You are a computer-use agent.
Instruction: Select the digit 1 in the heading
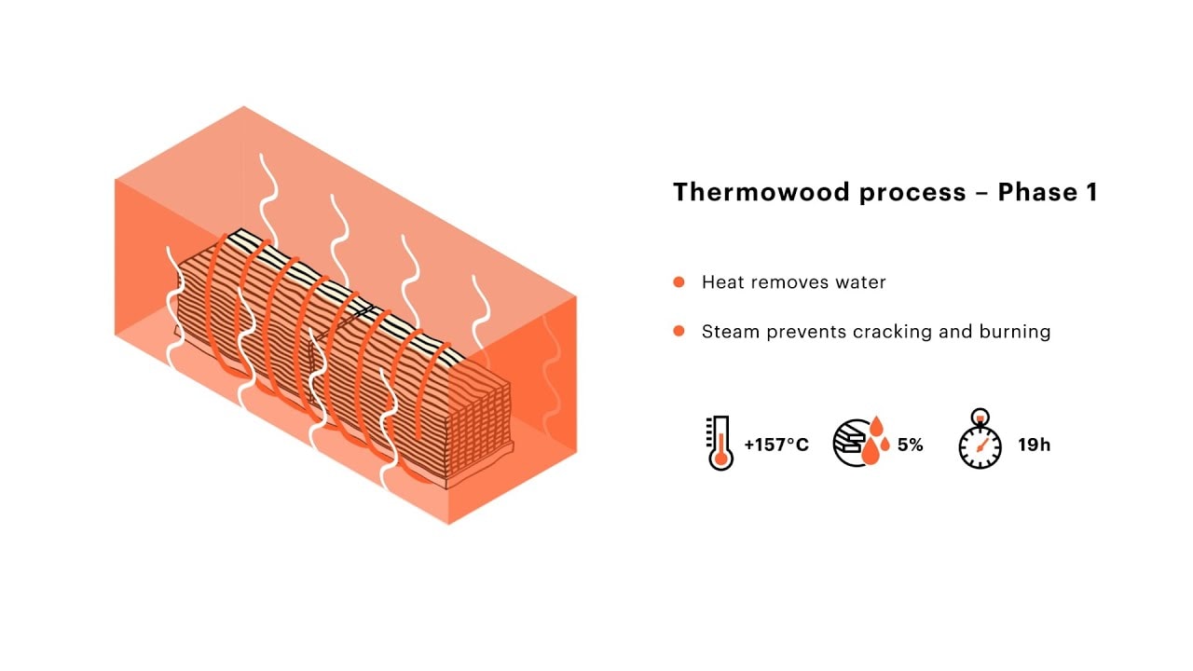click(1090, 193)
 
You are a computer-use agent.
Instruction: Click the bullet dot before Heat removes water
click(679, 281)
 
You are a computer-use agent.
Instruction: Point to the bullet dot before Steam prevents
click(679, 331)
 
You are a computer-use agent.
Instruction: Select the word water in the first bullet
click(862, 281)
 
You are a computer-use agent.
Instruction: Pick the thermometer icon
click(720, 444)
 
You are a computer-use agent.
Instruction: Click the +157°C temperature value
click(776, 445)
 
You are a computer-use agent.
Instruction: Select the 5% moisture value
click(910, 445)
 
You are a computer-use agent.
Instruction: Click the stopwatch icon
click(980, 445)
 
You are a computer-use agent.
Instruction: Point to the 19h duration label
click(1034, 445)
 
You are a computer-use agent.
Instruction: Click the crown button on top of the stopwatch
click(980, 416)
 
